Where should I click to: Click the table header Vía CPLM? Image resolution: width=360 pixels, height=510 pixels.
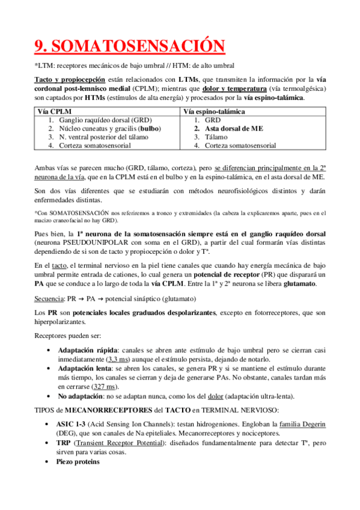coord(53,111)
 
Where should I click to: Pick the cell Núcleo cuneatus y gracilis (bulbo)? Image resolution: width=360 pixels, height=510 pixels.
coord(106,128)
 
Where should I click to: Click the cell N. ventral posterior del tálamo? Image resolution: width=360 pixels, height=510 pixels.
coord(106,137)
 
